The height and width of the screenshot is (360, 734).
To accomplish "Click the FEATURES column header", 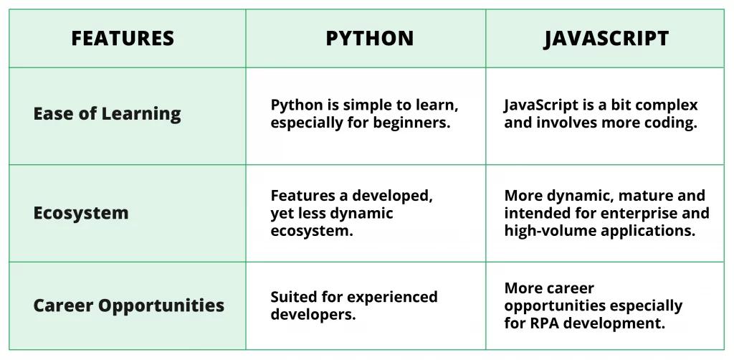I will pos(123,38).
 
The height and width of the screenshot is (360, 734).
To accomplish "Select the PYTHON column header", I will pos(369,38).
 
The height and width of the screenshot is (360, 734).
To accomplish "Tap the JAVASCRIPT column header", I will pos(606,38).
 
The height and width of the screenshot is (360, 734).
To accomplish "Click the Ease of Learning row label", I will pos(107,113).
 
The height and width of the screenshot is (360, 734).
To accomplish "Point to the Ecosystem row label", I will pos(81,213).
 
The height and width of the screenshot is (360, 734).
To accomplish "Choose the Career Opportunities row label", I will pos(128,305).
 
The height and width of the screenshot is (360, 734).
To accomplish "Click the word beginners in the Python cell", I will pos(418,123).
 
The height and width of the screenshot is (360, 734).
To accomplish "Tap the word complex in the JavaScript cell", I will pos(666,105).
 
